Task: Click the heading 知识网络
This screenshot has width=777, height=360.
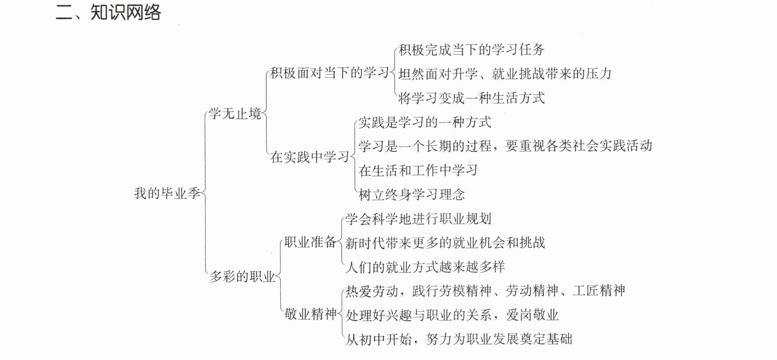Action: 126,12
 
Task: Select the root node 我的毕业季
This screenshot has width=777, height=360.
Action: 167,193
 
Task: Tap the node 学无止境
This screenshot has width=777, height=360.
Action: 235,113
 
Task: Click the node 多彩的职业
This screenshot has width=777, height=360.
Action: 242,277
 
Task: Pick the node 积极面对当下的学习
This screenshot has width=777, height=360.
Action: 330,73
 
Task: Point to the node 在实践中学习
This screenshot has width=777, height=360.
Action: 310,157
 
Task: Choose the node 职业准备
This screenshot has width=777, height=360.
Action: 311,242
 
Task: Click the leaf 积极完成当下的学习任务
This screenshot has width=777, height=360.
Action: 471,49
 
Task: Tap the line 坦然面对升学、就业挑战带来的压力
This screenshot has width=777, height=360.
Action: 505,73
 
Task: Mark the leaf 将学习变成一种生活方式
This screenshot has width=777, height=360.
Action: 471,97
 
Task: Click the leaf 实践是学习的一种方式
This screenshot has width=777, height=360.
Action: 425,122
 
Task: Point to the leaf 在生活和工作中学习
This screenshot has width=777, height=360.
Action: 418,170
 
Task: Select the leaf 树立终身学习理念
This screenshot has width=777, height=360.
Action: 412,194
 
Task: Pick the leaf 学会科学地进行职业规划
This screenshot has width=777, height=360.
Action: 418,218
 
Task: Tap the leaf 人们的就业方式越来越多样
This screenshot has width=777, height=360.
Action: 425,267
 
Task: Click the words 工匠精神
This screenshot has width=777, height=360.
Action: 599,291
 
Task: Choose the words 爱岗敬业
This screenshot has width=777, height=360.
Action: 532,315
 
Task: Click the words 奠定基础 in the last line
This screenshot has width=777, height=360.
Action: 546,339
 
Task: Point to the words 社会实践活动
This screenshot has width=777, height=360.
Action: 613,146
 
